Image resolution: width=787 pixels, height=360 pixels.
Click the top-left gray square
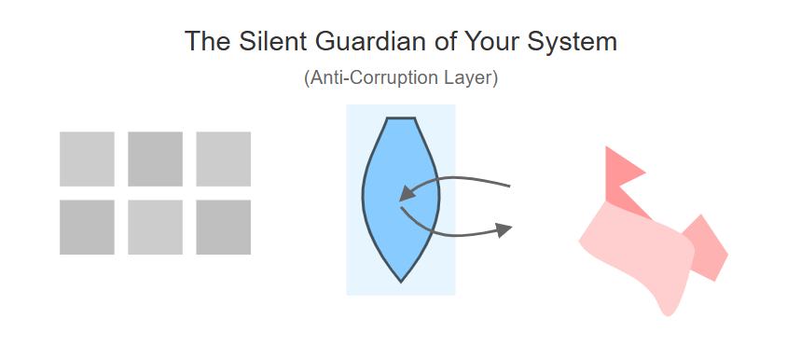[87, 159]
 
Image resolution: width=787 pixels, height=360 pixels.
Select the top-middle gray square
[155, 159]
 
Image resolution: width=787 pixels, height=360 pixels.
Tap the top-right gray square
[224, 159]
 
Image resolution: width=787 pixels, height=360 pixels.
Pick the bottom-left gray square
[87, 228]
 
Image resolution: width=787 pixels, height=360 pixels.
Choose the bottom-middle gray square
[155, 228]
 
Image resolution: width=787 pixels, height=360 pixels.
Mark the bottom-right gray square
[224, 228]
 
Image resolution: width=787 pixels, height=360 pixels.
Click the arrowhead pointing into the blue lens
[407, 193]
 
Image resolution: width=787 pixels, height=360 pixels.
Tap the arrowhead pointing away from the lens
[504, 230]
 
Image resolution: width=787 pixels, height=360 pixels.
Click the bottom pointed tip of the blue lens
[401, 283]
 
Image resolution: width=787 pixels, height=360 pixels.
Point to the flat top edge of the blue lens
[401, 118]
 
